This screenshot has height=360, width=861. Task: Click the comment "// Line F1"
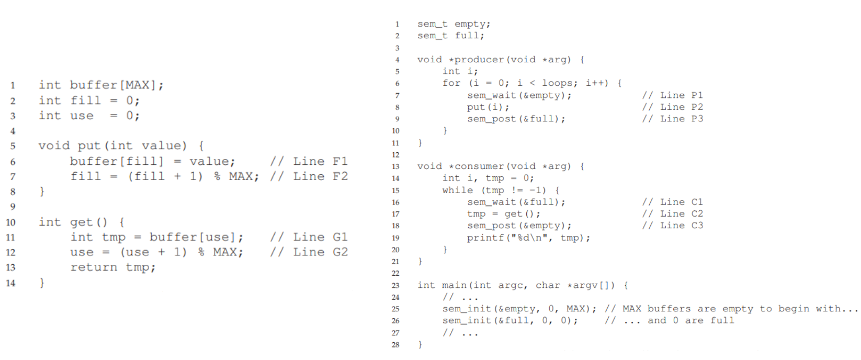click(309, 161)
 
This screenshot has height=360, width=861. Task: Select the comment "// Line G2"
click(309, 252)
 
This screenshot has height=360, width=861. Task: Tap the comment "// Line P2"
click(673, 107)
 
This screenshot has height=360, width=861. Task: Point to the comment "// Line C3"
click(673, 226)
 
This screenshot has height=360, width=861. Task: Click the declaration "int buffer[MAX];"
click(101, 85)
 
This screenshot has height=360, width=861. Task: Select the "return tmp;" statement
click(113, 267)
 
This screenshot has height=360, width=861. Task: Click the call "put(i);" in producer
click(488, 107)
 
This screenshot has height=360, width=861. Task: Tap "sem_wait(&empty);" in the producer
click(519, 95)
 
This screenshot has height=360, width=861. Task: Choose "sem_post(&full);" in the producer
click(516, 119)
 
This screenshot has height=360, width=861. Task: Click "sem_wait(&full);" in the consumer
click(516, 202)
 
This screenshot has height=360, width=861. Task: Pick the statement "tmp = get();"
click(503, 214)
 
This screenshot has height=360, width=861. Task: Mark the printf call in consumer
click(528, 238)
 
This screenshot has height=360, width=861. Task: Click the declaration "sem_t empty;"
click(454, 24)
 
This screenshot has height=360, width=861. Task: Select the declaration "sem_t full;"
click(450, 36)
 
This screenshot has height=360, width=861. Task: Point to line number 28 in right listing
click(395, 345)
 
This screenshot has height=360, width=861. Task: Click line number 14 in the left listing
click(11, 283)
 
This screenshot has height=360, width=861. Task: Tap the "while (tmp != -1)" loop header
click(500, 190)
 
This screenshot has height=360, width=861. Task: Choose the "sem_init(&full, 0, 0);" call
click(510, 321)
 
